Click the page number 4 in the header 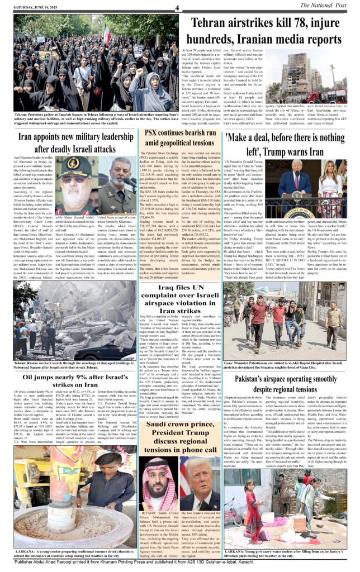point(177,8)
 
